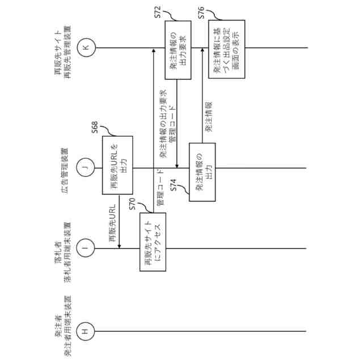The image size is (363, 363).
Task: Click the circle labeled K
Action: click(x=85, y=48)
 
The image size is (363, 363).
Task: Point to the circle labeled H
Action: click(x=85, y=331)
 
